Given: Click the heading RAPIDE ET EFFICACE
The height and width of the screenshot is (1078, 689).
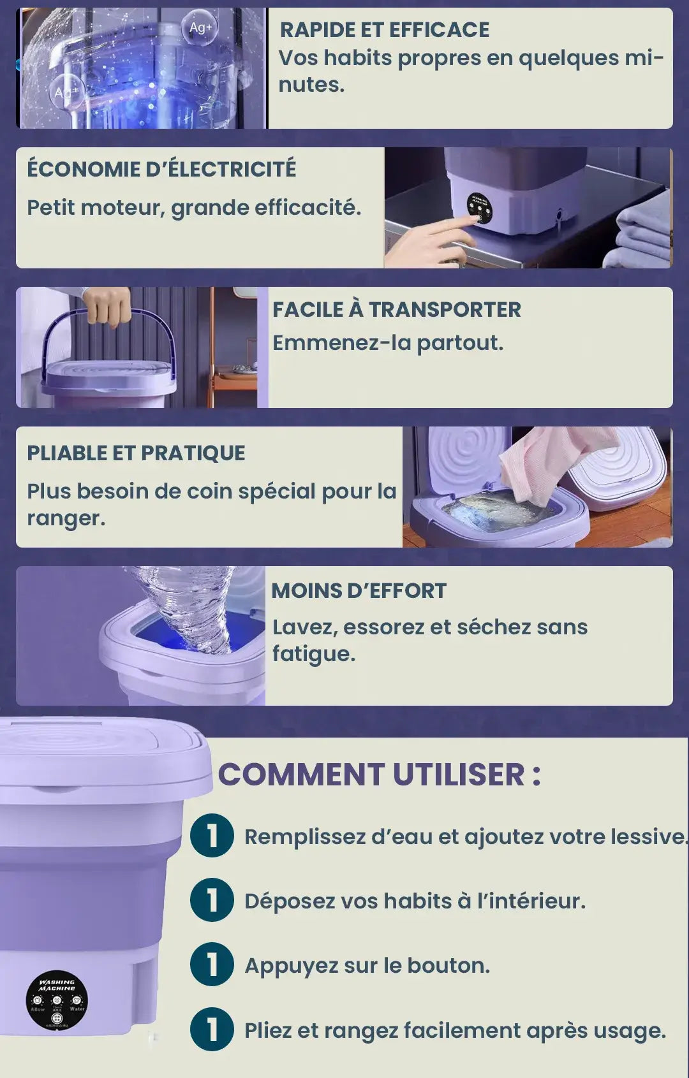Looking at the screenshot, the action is click(385, 30).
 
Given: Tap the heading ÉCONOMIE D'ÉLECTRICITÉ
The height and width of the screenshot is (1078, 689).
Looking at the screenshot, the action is click(162, 169).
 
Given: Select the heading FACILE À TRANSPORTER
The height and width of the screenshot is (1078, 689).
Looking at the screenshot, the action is click(397, 309).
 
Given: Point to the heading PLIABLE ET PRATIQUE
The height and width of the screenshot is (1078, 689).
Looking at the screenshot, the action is click(137, 453).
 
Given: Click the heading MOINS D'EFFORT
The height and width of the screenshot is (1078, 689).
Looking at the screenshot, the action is click(359, 590).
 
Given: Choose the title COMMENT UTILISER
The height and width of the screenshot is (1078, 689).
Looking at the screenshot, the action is click(380, 775).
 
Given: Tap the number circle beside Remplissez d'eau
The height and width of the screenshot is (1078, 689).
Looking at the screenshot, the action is click(212, 836).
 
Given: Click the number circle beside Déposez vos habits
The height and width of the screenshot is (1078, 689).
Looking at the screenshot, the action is click(212, 900).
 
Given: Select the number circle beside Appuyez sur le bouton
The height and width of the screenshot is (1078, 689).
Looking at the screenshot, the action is click(212, 965).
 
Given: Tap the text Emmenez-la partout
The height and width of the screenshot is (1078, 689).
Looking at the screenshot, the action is click(388, 343).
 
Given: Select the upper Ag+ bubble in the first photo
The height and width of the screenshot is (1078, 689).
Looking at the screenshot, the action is click(200, 29).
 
